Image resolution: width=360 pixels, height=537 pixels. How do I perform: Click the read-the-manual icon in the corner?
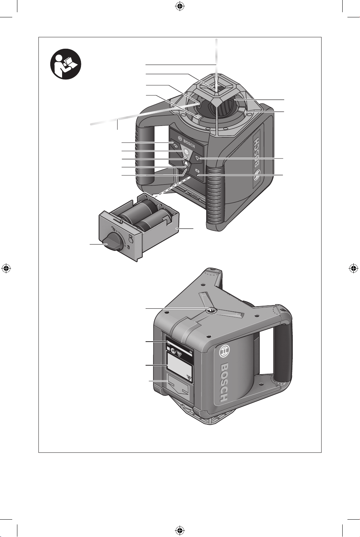coord(65,64)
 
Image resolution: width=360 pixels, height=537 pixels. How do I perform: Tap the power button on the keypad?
coord(186,152)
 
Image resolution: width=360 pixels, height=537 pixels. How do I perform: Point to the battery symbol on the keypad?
coord(197,171)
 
